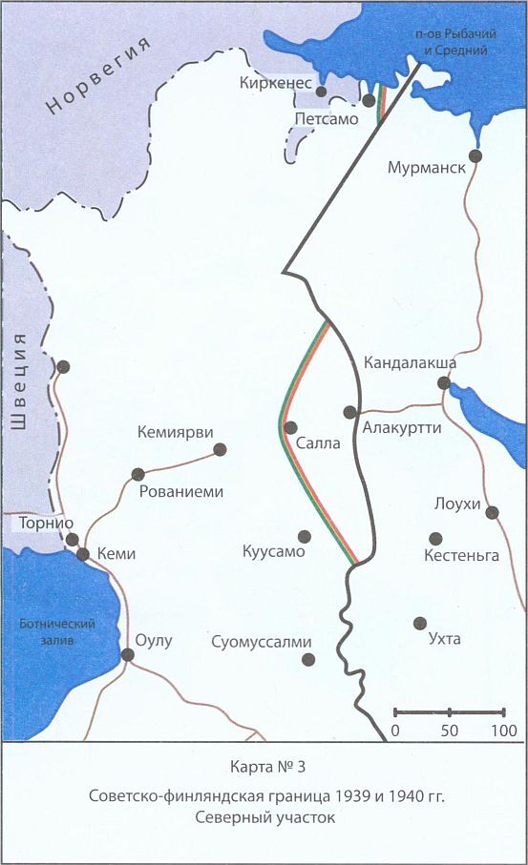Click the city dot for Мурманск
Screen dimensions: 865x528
click(475, 155)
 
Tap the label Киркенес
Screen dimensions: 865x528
click(278, 84)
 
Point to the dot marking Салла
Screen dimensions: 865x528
click(291, 427)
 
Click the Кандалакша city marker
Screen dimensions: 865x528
click(444, 383)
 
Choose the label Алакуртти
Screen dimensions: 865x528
click(402, 428)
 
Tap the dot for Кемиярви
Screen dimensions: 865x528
click(221, 449)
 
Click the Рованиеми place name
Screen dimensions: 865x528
click(180, 492)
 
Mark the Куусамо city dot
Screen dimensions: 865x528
click(305, 536)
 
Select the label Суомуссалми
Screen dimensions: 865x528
click(262, 642)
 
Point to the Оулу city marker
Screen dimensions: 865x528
click(127, 654)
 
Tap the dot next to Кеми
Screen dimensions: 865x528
click(83, 554)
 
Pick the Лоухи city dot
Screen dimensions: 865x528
click(493, 512)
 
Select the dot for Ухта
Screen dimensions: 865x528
click(419, 623)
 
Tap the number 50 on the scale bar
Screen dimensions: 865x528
click(448, 731)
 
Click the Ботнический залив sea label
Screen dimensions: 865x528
click(57, 632)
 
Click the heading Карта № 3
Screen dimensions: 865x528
click(263, 768)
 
